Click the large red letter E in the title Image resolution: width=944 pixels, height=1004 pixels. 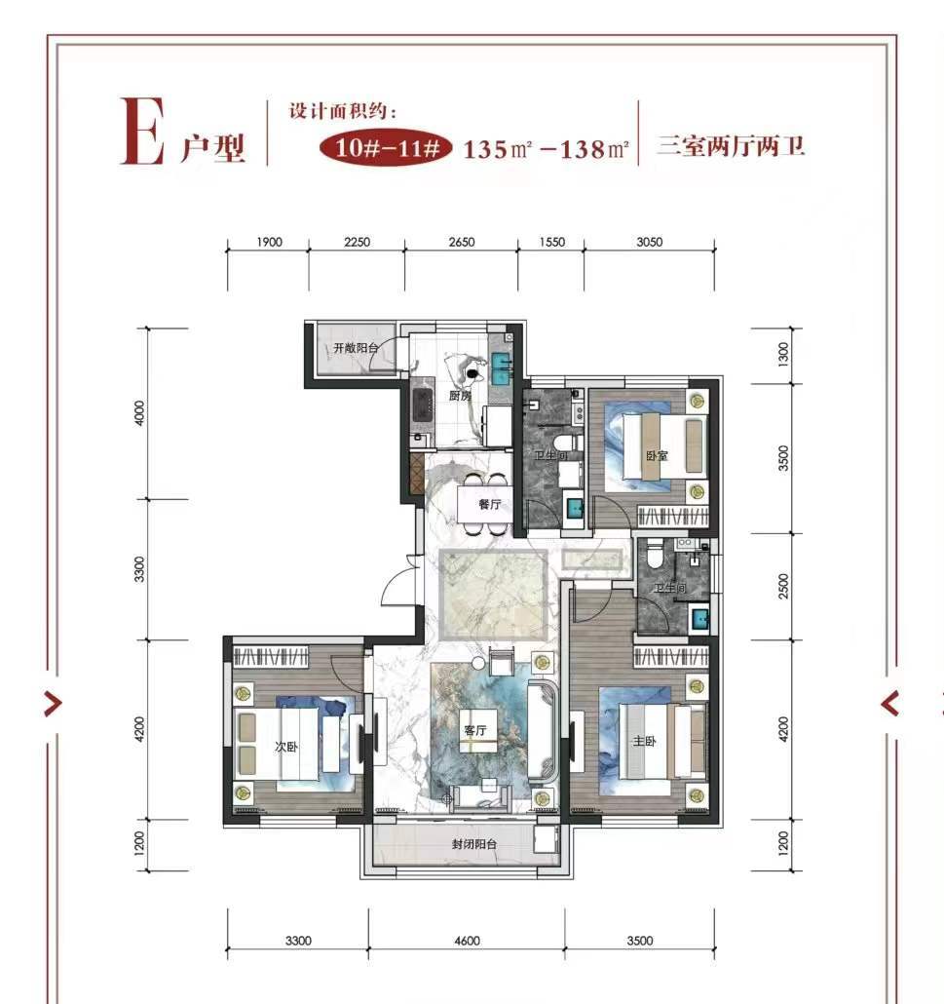[142, 132]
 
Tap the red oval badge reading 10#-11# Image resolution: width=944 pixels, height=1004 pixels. [385, 148]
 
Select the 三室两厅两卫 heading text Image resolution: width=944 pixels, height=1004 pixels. [731, 146]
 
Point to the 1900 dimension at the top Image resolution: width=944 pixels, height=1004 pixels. [269, 242]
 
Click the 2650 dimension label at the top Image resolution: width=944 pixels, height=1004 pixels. [462, 242]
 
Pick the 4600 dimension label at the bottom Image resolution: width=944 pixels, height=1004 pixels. [468, 941]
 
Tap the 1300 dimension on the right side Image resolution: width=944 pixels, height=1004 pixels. [783, 355]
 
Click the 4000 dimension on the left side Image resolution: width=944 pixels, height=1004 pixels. [139, 413]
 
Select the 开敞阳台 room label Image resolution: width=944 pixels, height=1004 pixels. [356, 348]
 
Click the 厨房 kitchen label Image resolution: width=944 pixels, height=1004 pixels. [460, 396]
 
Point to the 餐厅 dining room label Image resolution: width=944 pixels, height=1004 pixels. [490, 505]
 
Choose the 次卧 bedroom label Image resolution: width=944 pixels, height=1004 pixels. [286, 747]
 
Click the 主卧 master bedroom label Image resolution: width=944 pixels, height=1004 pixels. [645, 742]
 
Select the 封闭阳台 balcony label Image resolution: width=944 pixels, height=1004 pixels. [474, 844]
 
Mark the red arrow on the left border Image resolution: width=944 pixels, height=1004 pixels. [53, 705]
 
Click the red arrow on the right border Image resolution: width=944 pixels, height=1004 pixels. [889, 705]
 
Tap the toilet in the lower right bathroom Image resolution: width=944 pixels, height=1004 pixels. [654, 556]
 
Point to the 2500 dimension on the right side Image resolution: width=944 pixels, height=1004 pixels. [783, 587]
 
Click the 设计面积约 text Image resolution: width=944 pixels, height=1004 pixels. [342, 111]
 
